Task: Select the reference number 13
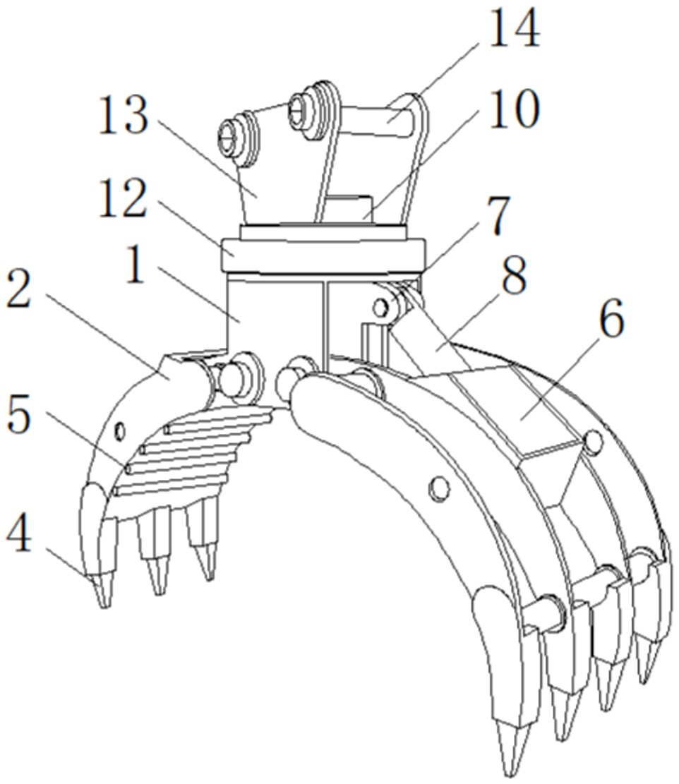pyautogui.click(x=124, y=115)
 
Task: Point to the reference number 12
pyautogui.click(x=123, y=198)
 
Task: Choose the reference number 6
pyautogui.click(x=611, y=319)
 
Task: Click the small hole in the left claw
pyautogui.click(x=119, y=430)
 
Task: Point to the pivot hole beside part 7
pyautogui.click(x=381, y=306)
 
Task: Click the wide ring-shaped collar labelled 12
pyautogui.click(x=323, y=255)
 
